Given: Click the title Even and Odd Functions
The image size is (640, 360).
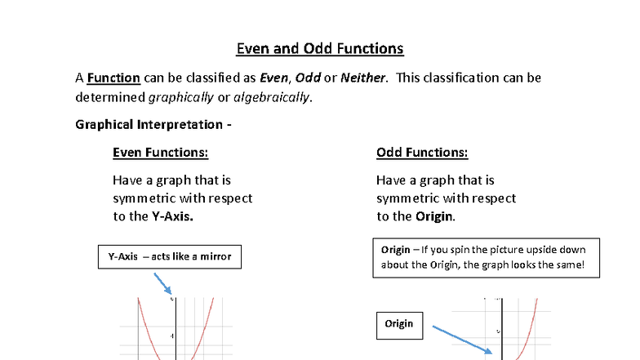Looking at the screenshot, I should click(x=320, y=48).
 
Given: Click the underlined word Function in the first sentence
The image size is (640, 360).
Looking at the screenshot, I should click(x=113, y=78).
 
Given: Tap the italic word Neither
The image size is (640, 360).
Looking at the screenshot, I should click(x=363, y=78).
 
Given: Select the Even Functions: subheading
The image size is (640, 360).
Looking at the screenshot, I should click(x=160, y=153).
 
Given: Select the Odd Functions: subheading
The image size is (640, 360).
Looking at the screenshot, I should click(x=422, y=153).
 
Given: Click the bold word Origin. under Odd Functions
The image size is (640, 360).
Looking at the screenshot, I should click(x=435, y=216).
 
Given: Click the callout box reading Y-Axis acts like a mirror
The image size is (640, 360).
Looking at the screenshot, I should click(x=170, y=256).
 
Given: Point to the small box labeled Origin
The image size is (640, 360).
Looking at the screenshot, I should click(x=399, y=324).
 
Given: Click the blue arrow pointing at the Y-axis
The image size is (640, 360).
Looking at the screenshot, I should click(x=162, y=284).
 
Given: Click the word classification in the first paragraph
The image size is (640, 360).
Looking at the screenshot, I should click(x=474, y=78).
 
